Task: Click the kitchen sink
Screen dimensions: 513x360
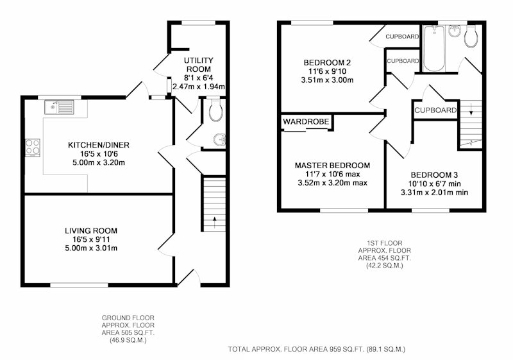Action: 60,107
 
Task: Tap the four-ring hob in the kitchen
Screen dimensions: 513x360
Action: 33,148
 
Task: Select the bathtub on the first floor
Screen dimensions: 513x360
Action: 434,49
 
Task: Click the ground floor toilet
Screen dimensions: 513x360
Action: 216,109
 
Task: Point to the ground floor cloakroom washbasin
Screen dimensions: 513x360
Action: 220,140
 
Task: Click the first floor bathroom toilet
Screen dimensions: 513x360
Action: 471,36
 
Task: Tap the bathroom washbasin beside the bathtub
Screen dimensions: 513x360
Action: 455,31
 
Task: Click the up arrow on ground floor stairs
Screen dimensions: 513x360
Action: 215,223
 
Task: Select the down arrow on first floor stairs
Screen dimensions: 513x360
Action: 471,109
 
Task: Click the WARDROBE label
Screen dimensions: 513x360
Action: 306,122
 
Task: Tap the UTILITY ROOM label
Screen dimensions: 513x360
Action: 199,65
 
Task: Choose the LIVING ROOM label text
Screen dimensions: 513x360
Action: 91,231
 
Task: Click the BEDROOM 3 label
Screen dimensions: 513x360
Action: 434,175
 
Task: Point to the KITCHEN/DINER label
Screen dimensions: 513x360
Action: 99,145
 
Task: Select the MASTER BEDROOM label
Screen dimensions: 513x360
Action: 332,166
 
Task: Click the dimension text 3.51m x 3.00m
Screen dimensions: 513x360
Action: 327,80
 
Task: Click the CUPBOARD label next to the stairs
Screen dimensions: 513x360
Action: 435,110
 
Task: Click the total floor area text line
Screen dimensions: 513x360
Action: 317,349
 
